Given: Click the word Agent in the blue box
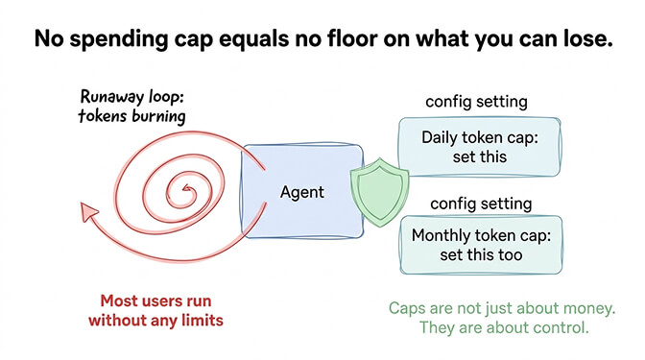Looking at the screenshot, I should click(301, 192).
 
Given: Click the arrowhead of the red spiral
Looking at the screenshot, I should click(87, 209).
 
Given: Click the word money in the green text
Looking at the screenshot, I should click(583, 308).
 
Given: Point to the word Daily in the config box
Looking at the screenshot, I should click(442, 137).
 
